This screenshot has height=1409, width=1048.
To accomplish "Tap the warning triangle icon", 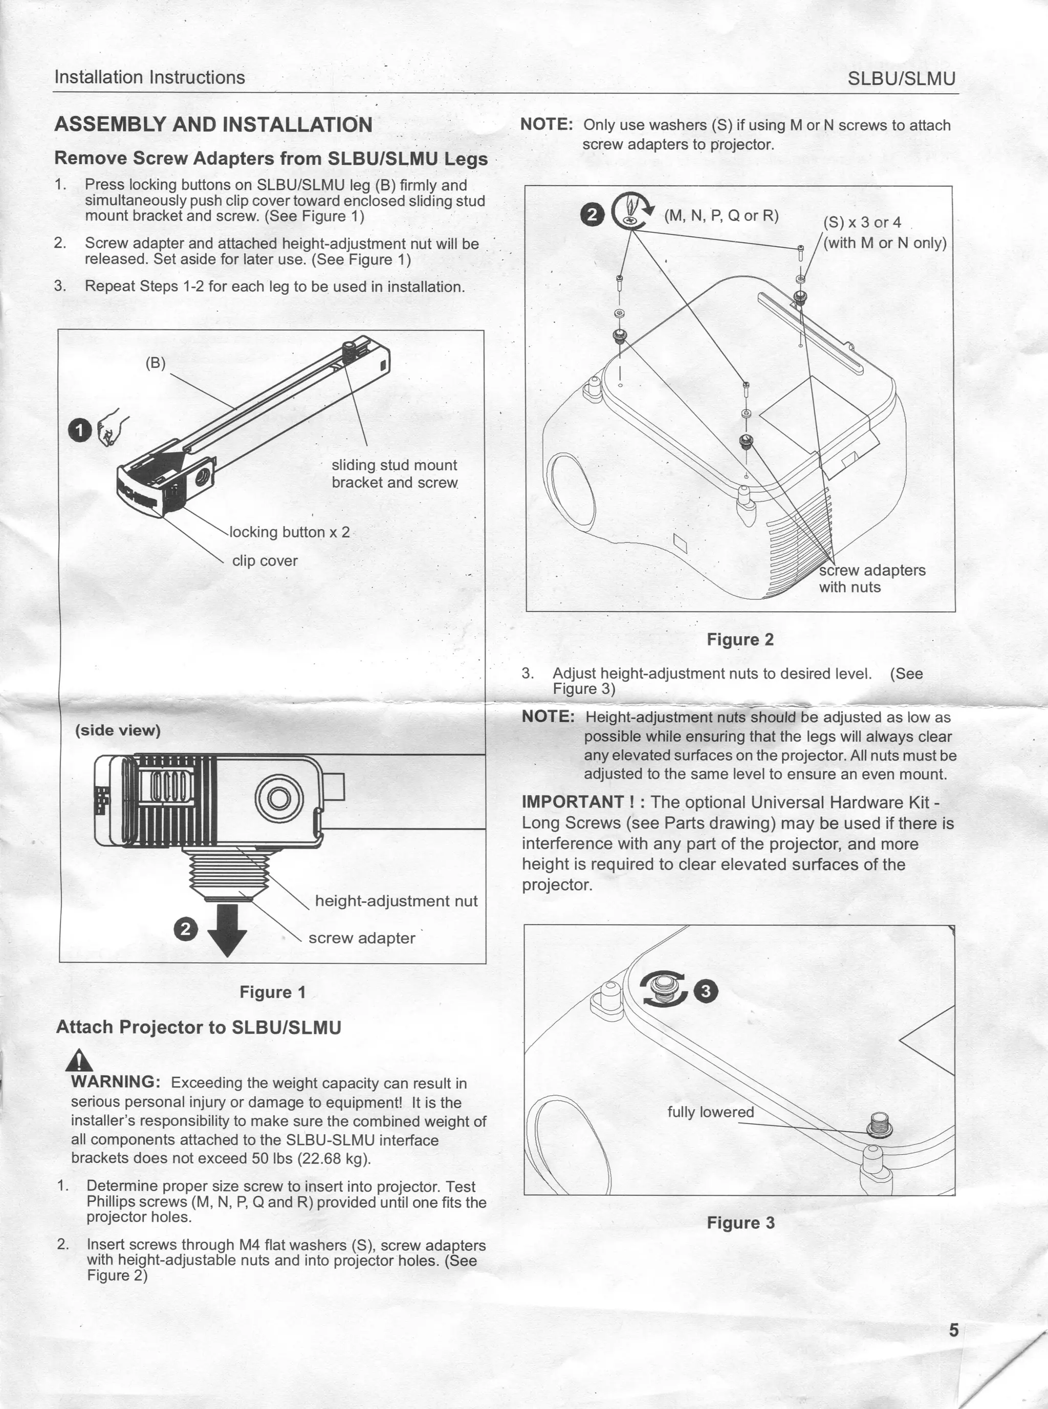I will [x=80, y=1060].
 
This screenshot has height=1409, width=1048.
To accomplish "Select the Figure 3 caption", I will [x=740, y=1223].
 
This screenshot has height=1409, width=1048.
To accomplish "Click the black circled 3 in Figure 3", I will [x=706, y=991].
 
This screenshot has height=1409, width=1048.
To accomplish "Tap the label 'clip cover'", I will [x=265, y=561].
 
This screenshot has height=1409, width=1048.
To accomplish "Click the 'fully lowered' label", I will [x=710, y=1112].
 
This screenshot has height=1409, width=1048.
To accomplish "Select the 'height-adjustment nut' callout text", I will [x=396, y=901].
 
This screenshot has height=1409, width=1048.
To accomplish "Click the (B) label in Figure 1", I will [x=156, y=363].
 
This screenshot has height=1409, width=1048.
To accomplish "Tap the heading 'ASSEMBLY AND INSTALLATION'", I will [x=213, y=124].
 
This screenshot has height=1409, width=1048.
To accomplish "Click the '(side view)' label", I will [x=118, y=730].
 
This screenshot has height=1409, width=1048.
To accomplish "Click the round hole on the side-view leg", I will [x=278, y=798].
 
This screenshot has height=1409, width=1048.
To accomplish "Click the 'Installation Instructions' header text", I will [x=150, y=77].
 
